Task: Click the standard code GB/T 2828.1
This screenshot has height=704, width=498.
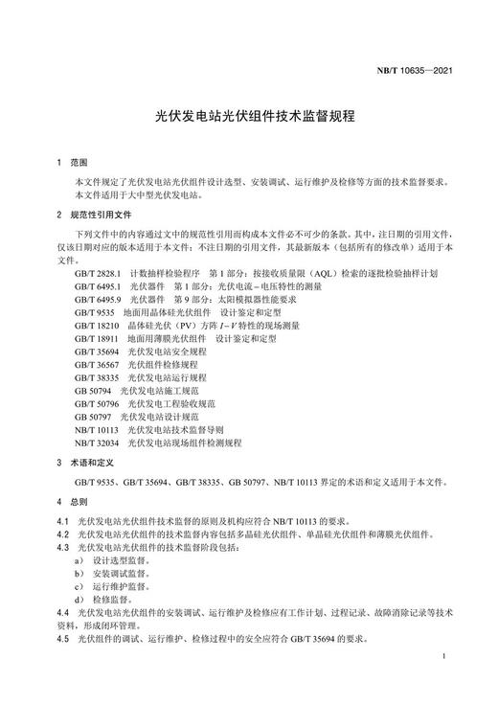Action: [x=100, y=272]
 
